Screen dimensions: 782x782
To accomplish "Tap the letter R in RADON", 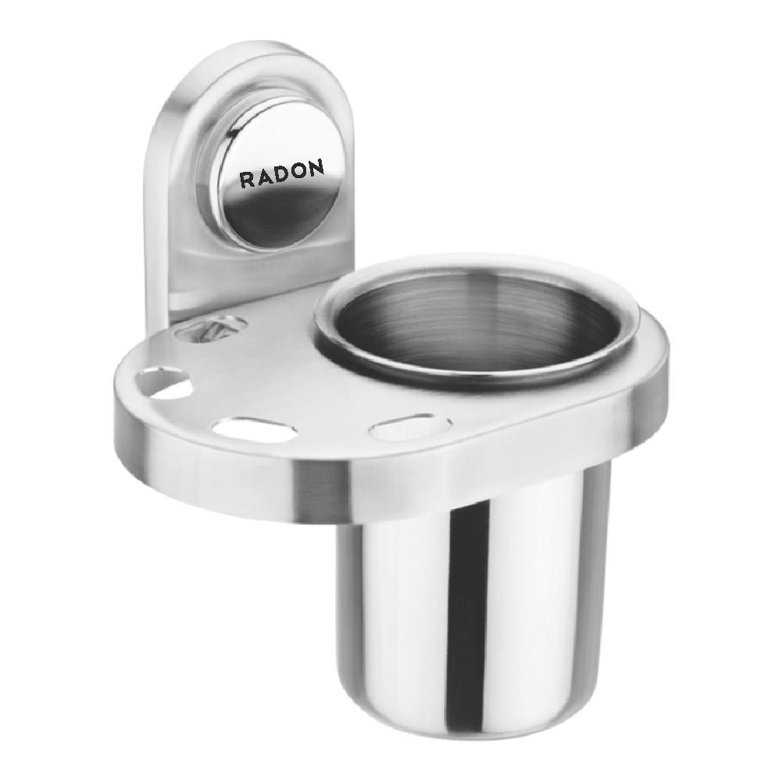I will (x=246, y=180).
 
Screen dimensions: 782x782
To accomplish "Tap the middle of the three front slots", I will (x=254, y=429).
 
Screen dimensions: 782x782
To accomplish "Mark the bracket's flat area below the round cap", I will (x=250, y=273).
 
